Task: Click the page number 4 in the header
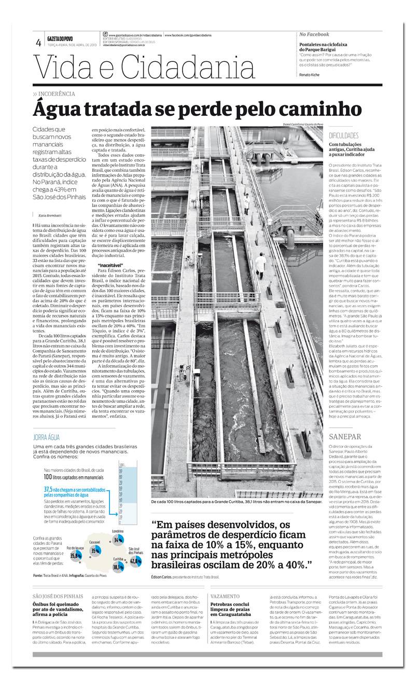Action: pos(38,43)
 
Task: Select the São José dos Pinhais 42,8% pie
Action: pos(134,560)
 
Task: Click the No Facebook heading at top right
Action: pos(314,34)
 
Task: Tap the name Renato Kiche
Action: pos(310,75)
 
